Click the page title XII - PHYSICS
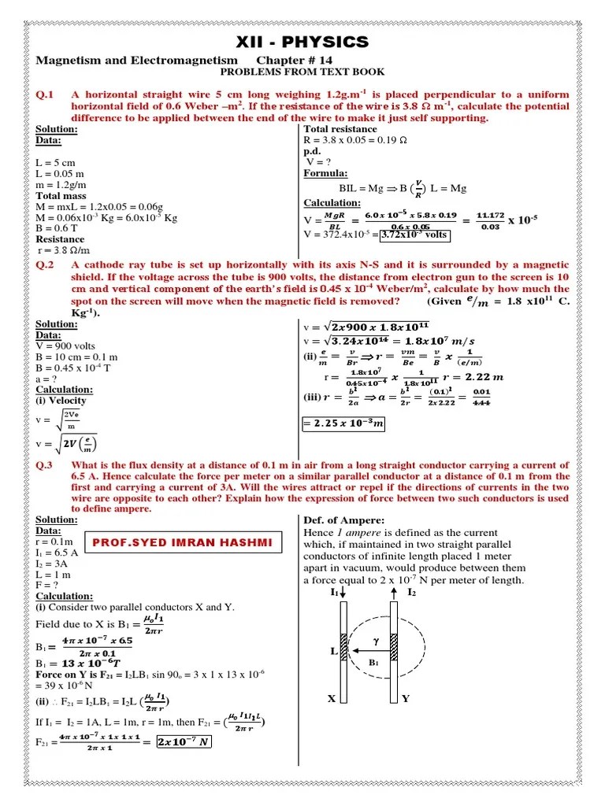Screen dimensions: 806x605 tap(302, 42)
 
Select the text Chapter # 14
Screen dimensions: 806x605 tap(295, 61)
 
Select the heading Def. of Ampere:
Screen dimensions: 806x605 tap(343, 520)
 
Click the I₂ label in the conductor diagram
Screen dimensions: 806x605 tap(411, 591)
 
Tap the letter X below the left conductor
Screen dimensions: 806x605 tap(332, 698)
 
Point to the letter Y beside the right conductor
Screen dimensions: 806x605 tap(405, 698)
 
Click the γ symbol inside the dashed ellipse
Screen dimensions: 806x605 tap(376, 641)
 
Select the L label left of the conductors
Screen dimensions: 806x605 tap(334, 652)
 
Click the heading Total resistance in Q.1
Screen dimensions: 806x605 tap(340, 129)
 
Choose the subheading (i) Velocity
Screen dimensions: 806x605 tap(61, 401)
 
